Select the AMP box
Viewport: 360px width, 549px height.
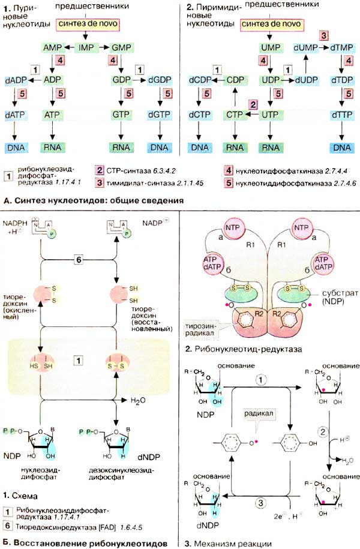click(x=53, y=46)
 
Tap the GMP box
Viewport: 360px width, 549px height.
click(x=122, y=46)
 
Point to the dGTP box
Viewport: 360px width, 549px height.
click(x=158, y=113)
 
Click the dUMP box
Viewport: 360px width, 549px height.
click(x=305, y=46)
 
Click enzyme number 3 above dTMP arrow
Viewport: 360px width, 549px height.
click(x=323, y=35)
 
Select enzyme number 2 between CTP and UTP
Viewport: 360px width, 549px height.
click(x=253, y=104)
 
